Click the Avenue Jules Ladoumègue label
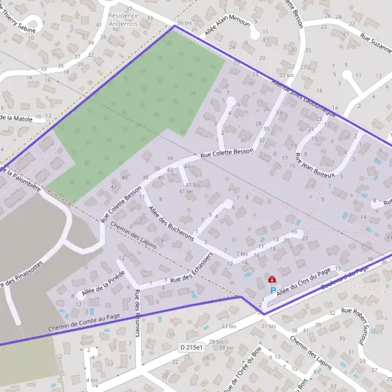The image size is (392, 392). click(x=304, y=95)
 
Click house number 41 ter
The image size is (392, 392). click(x=186, y=191)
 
